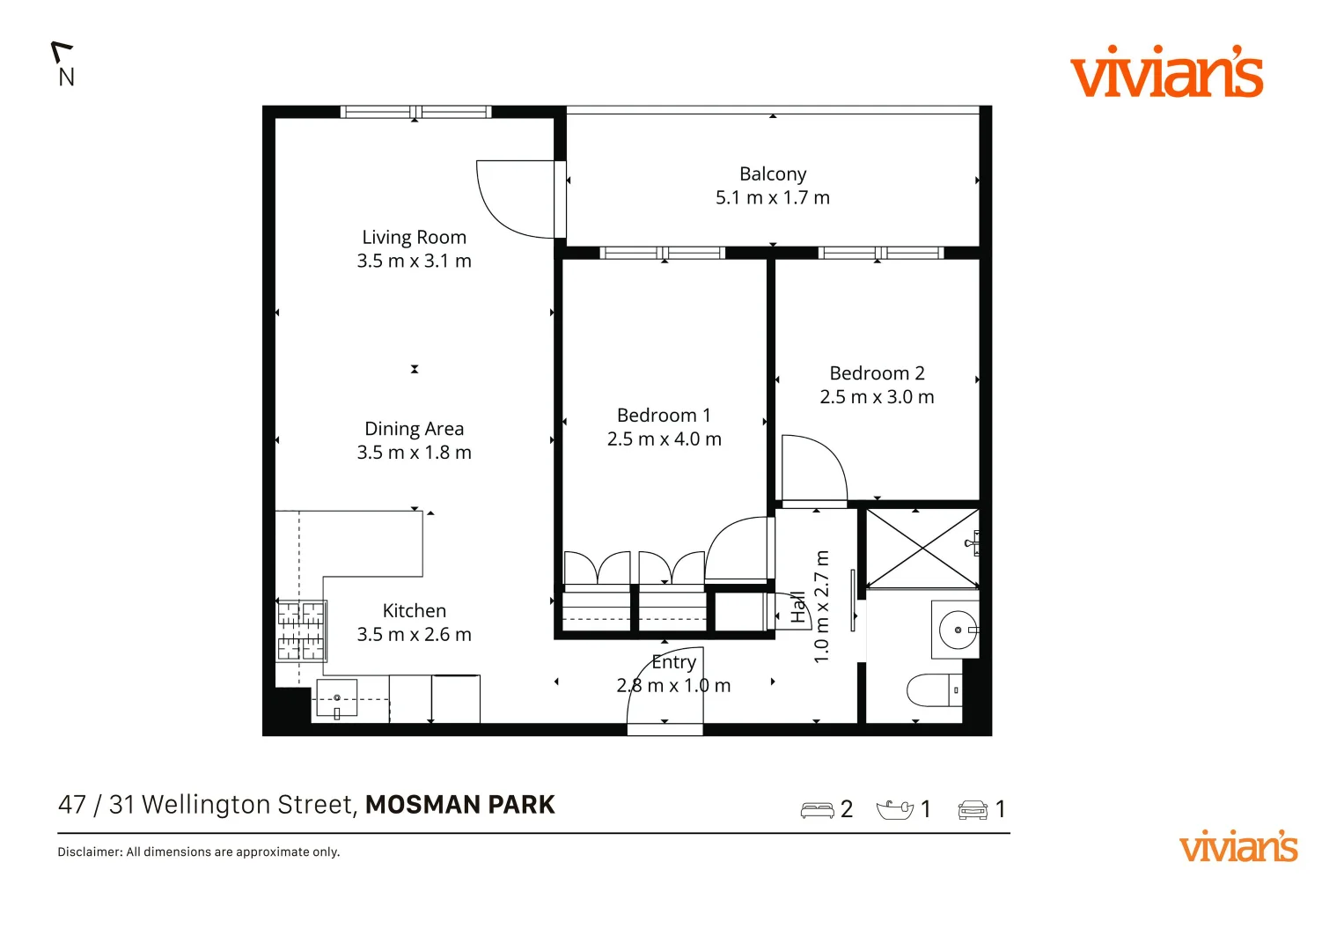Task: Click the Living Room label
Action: (414, 237)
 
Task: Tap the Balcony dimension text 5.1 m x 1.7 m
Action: (772, 198)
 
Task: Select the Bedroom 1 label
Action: (664, 415)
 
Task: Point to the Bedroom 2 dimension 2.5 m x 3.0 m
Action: (877, 397)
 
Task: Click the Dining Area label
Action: (414, 429)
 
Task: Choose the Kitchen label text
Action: (414, 610)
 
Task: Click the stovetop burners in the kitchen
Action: (302, 630)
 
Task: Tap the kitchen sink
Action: (336, 698)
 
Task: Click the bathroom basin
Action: (956, 630)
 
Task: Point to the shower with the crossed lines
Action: (922, 549)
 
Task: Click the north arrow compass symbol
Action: (63, 64)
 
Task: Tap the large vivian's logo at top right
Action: (1166, 73)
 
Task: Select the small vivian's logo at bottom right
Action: (1238, 847)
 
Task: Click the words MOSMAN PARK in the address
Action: (459, 805)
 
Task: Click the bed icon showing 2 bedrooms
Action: (817, 809)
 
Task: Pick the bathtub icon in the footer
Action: (894, 808)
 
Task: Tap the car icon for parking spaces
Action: (973, 809)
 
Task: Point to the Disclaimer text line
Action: (199, 851)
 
